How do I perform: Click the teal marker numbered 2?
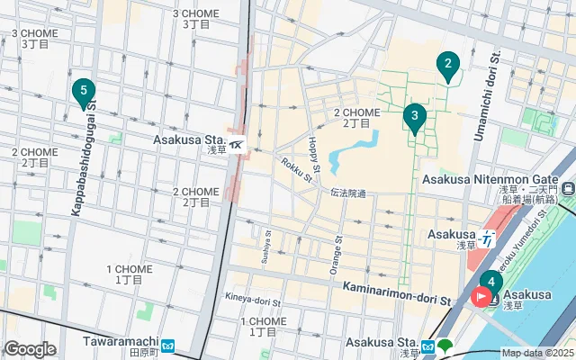point(447,65)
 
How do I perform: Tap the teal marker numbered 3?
point(414,116)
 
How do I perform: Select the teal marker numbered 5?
point(83,91)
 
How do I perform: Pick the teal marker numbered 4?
point(490,282)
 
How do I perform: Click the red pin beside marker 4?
point(482,296)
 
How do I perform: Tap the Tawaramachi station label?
point(121,342)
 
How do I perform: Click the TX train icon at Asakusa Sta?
point(236,144)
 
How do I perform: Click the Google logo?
point(30,349)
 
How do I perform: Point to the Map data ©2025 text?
point(537,353)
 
